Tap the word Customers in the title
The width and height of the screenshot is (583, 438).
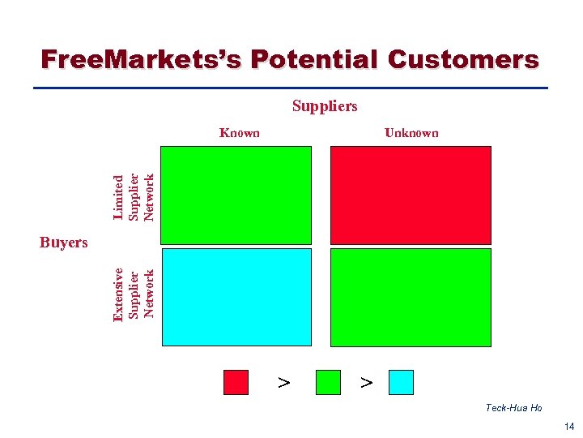pos(463,60)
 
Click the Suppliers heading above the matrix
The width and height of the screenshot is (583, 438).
pos(325,106)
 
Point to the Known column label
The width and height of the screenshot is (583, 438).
pos(240,133)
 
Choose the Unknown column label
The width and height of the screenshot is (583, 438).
pos(411,133)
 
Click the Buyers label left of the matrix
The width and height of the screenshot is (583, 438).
pos(63,243)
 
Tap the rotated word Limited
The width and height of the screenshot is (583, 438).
pos(119,197)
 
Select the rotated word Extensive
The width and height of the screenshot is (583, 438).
pos(119,294)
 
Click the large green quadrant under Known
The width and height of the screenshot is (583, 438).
pos(236,195)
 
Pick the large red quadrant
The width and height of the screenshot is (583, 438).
pos(411,195)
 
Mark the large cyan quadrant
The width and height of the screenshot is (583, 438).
pos(236,297)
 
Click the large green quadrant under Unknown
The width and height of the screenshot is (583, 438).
pos(411,297)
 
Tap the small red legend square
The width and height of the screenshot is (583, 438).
pos(236,382)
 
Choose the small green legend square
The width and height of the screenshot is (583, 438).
pos(327,382)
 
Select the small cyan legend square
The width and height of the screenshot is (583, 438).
pos(401,382)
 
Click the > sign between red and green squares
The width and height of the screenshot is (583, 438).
pos(283,381)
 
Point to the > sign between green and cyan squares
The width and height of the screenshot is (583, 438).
pos(366,381)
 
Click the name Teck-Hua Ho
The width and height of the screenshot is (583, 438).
pos(513,408)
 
